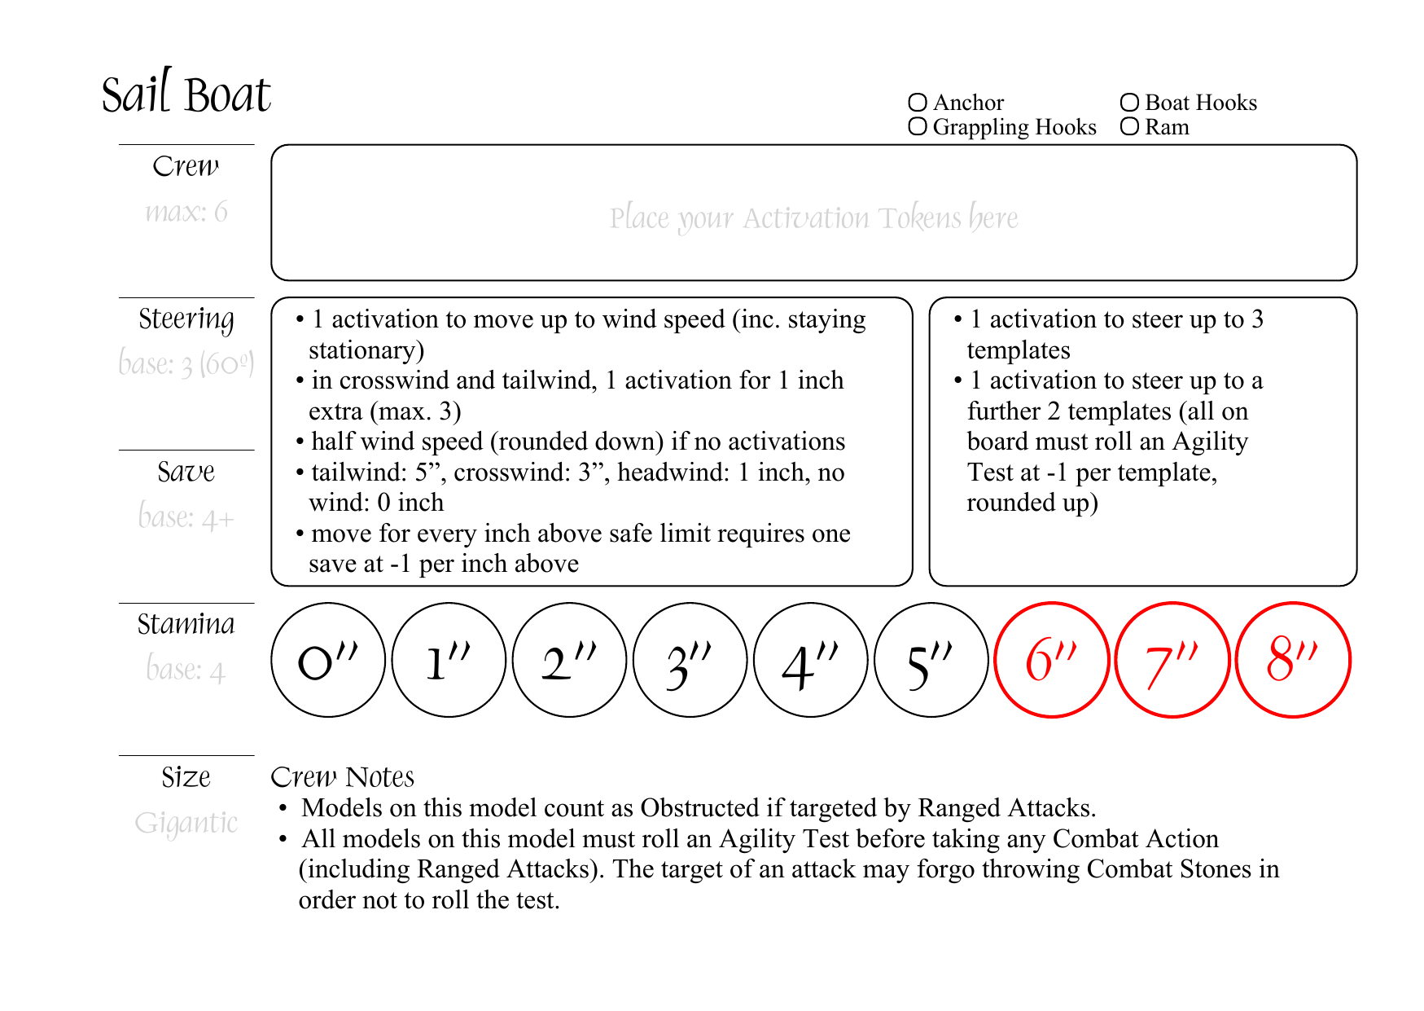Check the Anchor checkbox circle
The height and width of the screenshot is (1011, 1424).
click(x=918, y=103)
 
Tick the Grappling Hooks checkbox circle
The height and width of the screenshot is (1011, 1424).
click(x=918, y=126)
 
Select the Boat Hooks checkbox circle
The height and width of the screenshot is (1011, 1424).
click(x=1129, y=103)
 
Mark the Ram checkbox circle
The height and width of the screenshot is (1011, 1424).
click(x=1129, y=126)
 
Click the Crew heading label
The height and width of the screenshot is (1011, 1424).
click(x=186, y=166)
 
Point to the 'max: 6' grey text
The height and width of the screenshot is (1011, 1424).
click(x=186, y=212)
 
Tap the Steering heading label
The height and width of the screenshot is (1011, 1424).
click(x=186, y=319)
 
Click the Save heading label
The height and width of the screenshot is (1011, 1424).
click(x=186, y=472)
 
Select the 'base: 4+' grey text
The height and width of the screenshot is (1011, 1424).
click(x=186, y=516)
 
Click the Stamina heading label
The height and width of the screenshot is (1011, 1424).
click(x=186, y=624)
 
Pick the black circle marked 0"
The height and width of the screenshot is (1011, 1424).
click(x=328, y=660)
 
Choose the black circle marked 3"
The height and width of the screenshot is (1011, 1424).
click(x=690, y=660)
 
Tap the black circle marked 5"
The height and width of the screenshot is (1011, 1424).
click(x=931, y=660)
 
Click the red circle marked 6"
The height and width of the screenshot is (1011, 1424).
click(x=1051, y=660)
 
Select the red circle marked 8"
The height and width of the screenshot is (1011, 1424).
click(x=1293, y=660)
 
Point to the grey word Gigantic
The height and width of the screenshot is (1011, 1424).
click(x=186, y=823)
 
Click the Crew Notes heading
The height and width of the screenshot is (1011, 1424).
click(x=342, y=777)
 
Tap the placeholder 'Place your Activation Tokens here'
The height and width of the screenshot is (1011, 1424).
click(x=813, y=218)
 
